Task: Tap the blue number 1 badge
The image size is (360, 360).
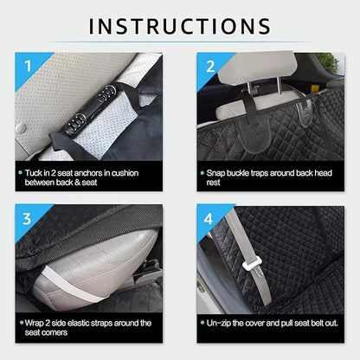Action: [27, 66]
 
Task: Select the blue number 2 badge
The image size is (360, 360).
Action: [209, 66]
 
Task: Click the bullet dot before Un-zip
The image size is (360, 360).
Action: [203, 323]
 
